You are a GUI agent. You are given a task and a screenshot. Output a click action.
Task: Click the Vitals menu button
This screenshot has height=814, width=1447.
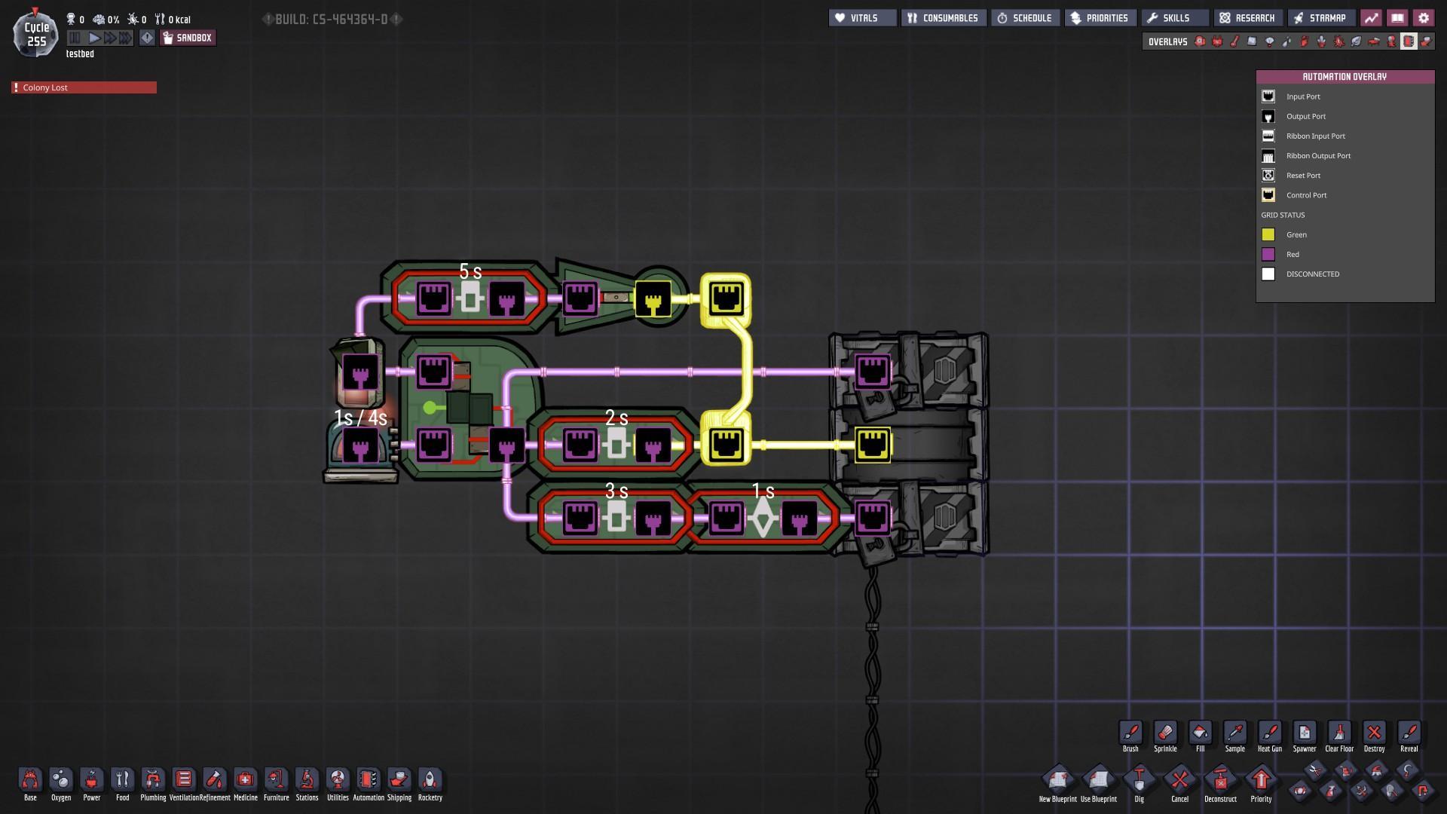coord(862,18)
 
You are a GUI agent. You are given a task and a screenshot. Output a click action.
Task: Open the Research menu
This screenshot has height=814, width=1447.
coord(1247,18)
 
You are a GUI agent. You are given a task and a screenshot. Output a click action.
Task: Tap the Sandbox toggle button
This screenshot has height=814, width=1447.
coord(188,38)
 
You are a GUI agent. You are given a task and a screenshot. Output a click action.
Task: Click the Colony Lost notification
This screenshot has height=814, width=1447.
coord(84,87)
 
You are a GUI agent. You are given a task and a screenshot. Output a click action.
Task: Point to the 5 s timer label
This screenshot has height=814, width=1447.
coord(470,271)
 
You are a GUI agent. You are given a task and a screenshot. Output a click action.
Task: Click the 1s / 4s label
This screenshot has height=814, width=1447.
coord(360,418)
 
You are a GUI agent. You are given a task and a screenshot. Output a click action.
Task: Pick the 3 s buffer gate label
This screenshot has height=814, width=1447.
coord(616,491)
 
